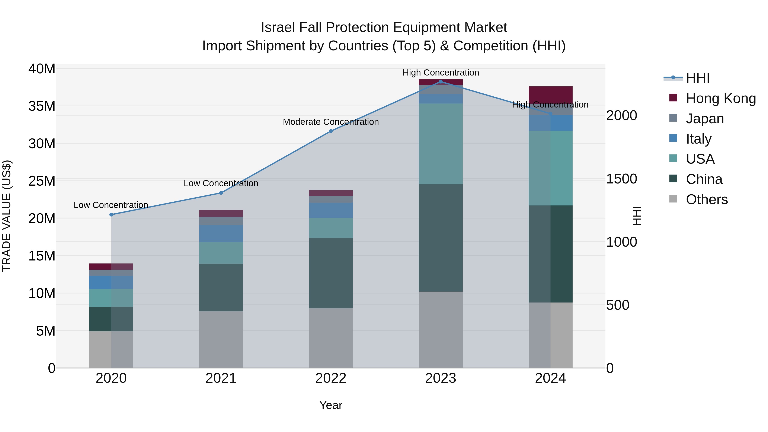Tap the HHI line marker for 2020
point(111,215)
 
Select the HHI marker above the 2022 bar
point(331,131)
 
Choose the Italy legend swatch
point(673,138)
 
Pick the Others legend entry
point(707,199)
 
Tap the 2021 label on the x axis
point(221,378)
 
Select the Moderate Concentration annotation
point(331,122)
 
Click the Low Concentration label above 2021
point(221,183)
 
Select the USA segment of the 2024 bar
point(550,168)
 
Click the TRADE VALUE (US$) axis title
point(7,216)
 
